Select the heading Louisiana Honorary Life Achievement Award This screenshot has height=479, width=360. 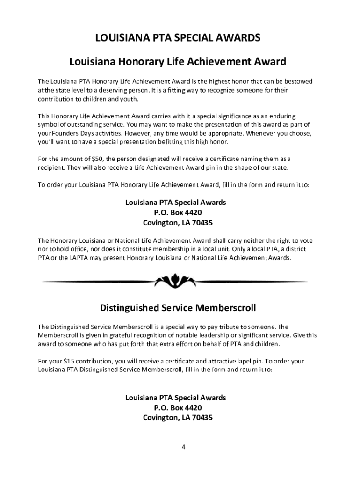178,62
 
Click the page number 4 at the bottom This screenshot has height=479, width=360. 184,447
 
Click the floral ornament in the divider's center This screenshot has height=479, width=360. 178,281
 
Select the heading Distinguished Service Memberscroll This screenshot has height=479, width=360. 178,308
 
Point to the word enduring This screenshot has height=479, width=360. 282,116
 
